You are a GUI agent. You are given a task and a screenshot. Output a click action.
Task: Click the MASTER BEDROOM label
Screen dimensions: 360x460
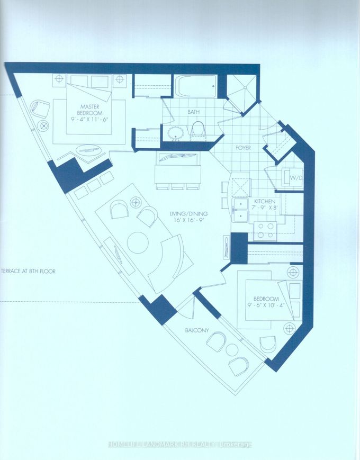[90, 110]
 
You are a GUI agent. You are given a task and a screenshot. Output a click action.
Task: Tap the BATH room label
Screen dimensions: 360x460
[194, 112]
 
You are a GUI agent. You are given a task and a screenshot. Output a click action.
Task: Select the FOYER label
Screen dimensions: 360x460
[243, 148]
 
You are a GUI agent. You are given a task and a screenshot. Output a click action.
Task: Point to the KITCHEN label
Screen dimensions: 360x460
[265, 202]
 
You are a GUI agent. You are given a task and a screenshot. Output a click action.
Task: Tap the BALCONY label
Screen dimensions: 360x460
[197, 330]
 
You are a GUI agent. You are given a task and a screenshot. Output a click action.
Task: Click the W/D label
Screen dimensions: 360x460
[294, 178]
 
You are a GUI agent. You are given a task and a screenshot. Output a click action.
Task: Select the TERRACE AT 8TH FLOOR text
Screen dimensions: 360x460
[29, 272]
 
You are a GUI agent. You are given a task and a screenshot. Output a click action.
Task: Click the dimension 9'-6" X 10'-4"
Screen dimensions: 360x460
[266, 305]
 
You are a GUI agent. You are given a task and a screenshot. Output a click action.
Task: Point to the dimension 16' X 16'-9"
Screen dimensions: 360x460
[190, 220]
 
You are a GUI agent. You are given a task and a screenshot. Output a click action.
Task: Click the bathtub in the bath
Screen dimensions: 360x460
[195, 85]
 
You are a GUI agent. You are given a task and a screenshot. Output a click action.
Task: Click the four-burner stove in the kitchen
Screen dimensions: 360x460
[265, 231]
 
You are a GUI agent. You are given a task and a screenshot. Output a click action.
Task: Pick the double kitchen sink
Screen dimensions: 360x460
[240, 211]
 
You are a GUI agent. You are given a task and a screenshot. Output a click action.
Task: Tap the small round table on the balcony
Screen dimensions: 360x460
[232, 349]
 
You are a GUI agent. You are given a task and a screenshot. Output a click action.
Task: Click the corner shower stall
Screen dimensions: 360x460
[243, 88]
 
